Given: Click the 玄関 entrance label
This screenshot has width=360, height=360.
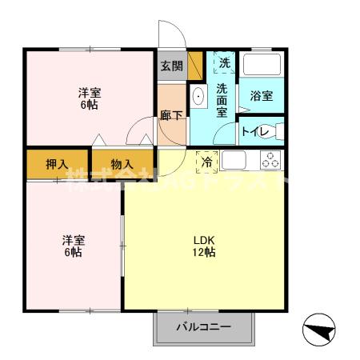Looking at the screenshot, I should click(x=170, y=66).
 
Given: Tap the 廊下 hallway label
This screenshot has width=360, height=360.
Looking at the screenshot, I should click(x=170, y=114).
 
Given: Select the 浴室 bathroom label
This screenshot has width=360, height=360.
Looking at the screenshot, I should click(x=261, y=96).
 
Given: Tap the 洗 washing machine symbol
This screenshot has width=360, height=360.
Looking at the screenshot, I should click(x=225, y=62).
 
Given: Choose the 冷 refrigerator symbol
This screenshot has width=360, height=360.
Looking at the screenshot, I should click(x=207, y=161).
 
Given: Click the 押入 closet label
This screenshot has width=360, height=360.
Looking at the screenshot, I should click(x=56, y=164).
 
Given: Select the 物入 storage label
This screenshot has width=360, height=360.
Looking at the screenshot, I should click(x=122, y=164).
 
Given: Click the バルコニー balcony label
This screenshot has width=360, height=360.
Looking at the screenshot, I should click(x=203, y=327).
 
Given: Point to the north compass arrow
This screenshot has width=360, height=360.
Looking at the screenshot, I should click(x=322, y=330).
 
